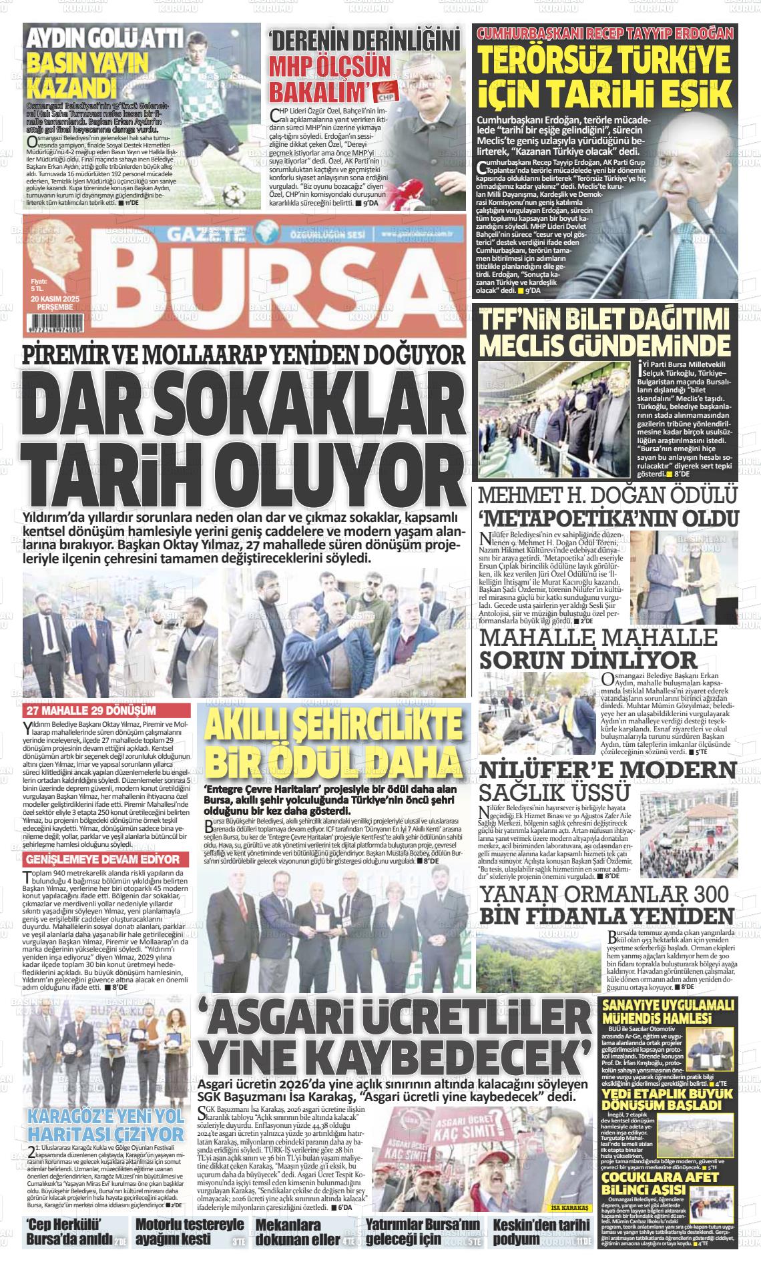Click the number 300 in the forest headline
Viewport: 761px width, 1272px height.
pyautogui.click(x=703, y=894)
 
